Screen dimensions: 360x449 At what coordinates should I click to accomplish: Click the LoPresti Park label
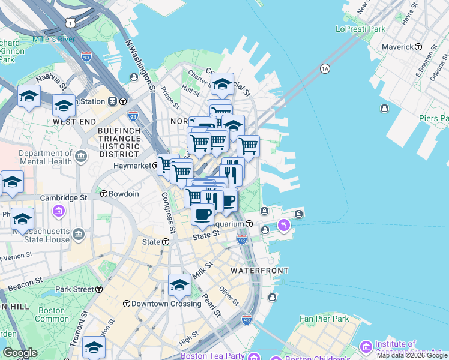click(360, 28)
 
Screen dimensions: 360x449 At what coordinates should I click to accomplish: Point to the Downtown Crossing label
click(154, 304)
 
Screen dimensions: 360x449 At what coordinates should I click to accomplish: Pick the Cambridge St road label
click(64, 197)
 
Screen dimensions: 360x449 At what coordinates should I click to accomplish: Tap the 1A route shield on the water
click(325, 68)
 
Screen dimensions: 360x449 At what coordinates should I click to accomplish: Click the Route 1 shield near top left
click(71, 22)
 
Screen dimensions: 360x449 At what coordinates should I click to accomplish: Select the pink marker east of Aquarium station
click(283, 226)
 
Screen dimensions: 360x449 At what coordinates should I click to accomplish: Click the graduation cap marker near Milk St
click(179, 286)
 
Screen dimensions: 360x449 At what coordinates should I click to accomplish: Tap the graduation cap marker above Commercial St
click(222, 85)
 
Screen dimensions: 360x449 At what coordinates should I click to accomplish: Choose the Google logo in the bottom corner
click(20, 353)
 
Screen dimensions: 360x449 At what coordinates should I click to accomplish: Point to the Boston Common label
click(52, 315)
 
